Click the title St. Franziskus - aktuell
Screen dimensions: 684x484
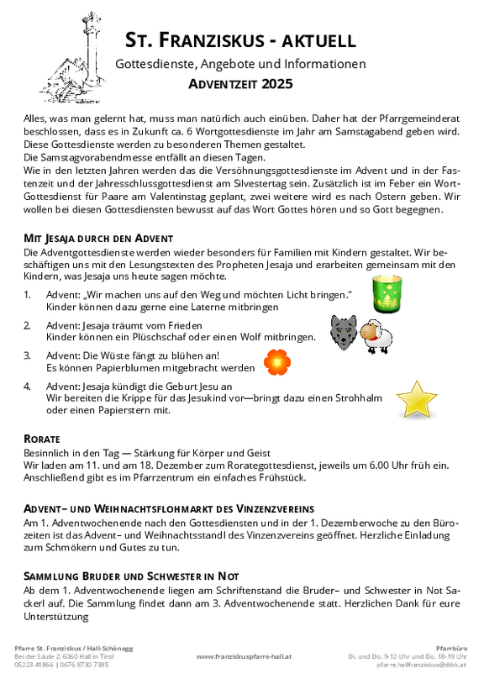[x=240, y=39]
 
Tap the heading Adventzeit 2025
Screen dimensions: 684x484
[x=240, y=83]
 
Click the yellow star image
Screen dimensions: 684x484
[x=416, y=399]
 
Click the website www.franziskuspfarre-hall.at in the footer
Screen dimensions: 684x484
[x=244, y=656]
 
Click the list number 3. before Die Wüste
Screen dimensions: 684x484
[x=28, y=355]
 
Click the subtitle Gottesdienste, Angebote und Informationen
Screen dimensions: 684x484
[x=240, y=64]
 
